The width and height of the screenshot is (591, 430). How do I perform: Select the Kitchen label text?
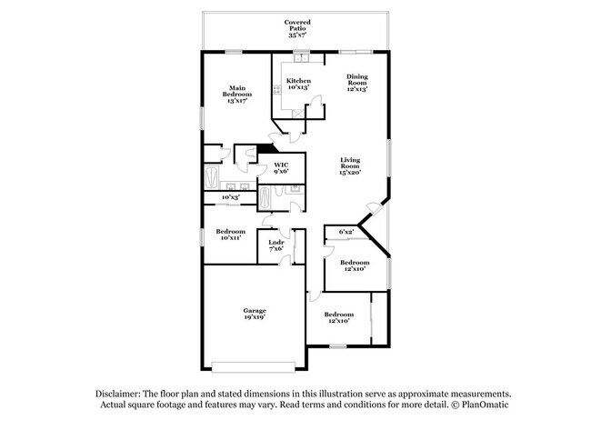click(x=298, y=82)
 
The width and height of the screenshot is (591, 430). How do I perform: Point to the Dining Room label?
click(x=356, y=80)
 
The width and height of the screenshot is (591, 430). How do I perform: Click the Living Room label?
click(x=350, y=164)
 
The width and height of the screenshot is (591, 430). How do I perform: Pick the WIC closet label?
click(x=281, y=165)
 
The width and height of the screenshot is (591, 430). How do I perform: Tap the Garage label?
click(x=254, y=311)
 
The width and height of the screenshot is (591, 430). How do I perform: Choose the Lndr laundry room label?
click(x=276, y=243)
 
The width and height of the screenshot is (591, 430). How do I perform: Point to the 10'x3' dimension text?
click(x=230, y=197)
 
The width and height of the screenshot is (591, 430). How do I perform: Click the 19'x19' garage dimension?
click(x=254, y=318)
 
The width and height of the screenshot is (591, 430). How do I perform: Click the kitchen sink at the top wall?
click(x=297, y=61)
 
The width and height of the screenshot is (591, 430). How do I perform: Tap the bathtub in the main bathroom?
click(x=211, y=175)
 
